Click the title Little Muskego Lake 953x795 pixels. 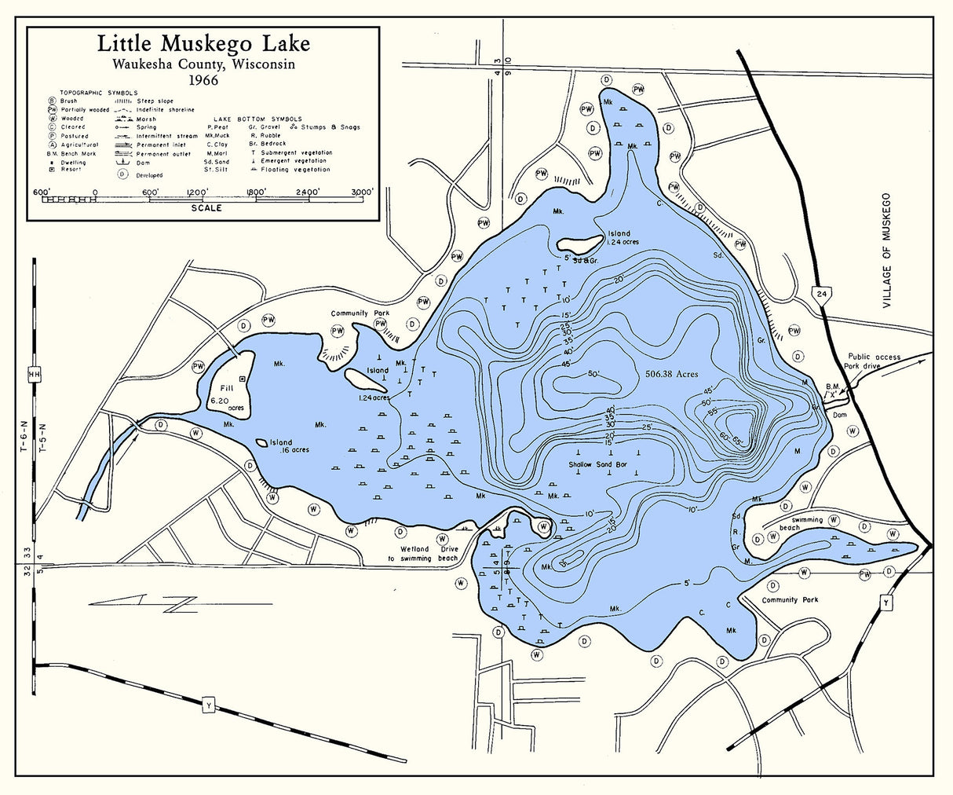[203, 44]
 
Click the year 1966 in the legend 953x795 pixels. [203, 79]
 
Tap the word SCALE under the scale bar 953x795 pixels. [206, 208]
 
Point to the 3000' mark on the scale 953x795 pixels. [362, 191]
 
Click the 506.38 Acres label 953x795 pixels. [670, 374]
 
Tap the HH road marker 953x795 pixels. [34, 375]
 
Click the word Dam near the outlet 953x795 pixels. [839, 415]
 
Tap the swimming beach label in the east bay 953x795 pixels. [796, 523]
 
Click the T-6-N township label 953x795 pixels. [24, 435]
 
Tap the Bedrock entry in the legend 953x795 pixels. [267, 144]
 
